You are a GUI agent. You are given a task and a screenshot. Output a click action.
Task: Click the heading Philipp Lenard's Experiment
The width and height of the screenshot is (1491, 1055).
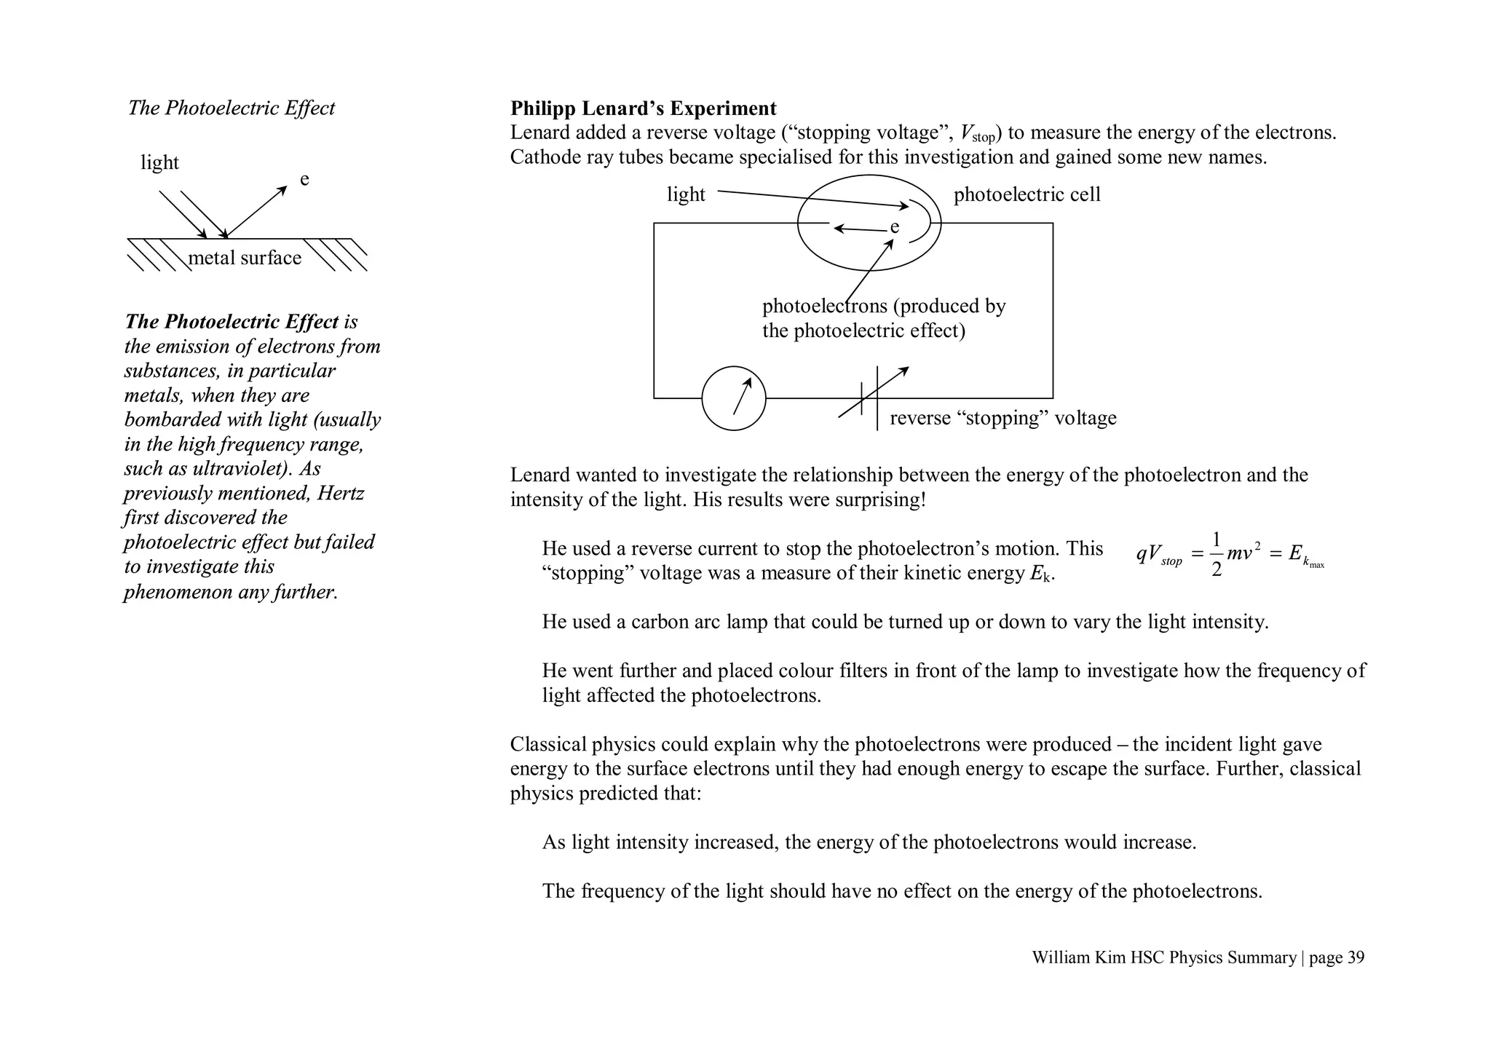(x=643, y=108)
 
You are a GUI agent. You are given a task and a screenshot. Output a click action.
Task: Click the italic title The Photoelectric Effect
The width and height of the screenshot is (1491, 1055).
(x=232, y=108)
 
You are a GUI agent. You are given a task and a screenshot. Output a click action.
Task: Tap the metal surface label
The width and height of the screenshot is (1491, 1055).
(x=245, y=258)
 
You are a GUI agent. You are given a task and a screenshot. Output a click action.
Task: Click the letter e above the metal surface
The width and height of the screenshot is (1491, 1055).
(x=304, y=180)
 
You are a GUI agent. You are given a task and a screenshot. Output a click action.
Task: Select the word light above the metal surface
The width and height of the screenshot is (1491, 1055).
(x=159, y=162)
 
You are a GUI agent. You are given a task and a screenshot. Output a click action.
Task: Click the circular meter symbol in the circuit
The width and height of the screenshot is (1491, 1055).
(x=733, y=398)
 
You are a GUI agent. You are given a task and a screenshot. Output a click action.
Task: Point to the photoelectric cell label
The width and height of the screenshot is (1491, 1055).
(x=1027, y=195)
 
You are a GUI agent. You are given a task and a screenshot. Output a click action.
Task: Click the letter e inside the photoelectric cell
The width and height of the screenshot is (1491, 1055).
(x=895, y=228)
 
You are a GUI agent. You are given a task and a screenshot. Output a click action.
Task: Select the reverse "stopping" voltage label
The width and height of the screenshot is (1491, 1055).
(x=1002, y=419)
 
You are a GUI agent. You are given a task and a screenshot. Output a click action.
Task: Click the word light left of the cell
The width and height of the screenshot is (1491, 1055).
(x=686, y=195)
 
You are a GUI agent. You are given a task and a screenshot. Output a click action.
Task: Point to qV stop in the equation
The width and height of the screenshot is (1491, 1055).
(x=1158, y=556)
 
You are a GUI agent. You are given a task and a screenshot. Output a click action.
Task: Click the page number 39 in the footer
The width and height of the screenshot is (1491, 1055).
(x=1355, y=958)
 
